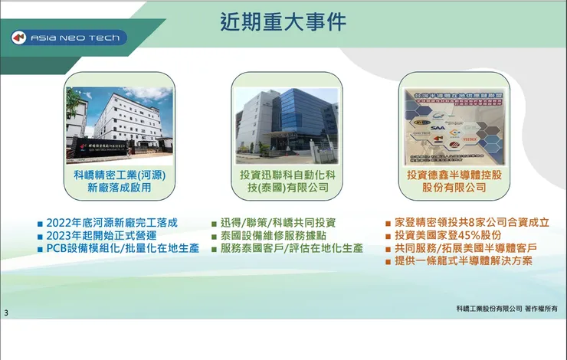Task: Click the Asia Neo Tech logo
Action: (69, 38)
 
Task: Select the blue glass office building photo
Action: (286, 120)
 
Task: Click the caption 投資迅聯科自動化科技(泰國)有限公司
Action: (285, 181)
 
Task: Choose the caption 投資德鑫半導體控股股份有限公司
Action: (454, 181)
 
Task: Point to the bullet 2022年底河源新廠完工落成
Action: (112, 223)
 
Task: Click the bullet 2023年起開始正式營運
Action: (101, 236)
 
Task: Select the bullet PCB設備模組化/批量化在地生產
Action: (122, 249)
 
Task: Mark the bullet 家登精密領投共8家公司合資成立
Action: (471, 223)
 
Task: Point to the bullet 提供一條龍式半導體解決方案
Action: (464, 261)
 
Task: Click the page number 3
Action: (6, 313)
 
